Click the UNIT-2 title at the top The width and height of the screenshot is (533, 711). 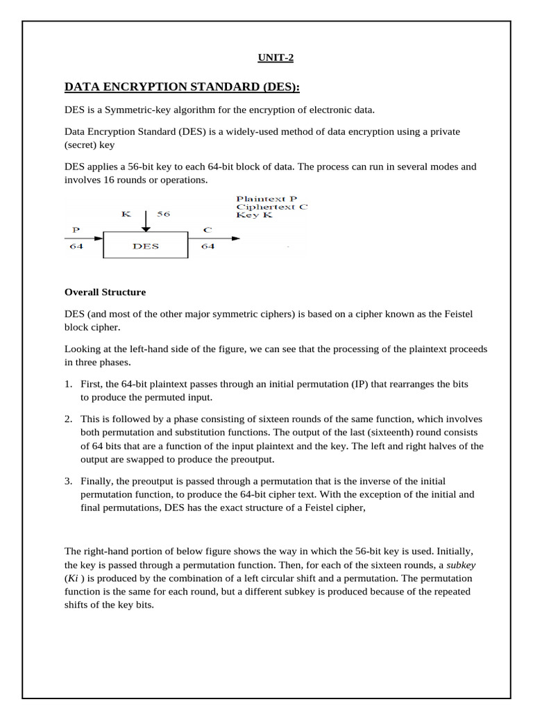pos(276,58)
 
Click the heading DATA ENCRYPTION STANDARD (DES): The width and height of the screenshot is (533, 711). pos(182,87)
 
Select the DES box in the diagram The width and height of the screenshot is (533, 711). pos(145,246)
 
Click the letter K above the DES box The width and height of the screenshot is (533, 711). pos(126,215)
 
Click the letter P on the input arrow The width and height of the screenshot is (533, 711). pos(75,228)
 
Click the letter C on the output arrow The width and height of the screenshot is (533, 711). pos(207,228)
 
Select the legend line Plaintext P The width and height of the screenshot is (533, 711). pos(266,199)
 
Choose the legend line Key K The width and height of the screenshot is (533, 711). pos(254,215)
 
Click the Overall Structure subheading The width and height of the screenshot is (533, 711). pos(105,292)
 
